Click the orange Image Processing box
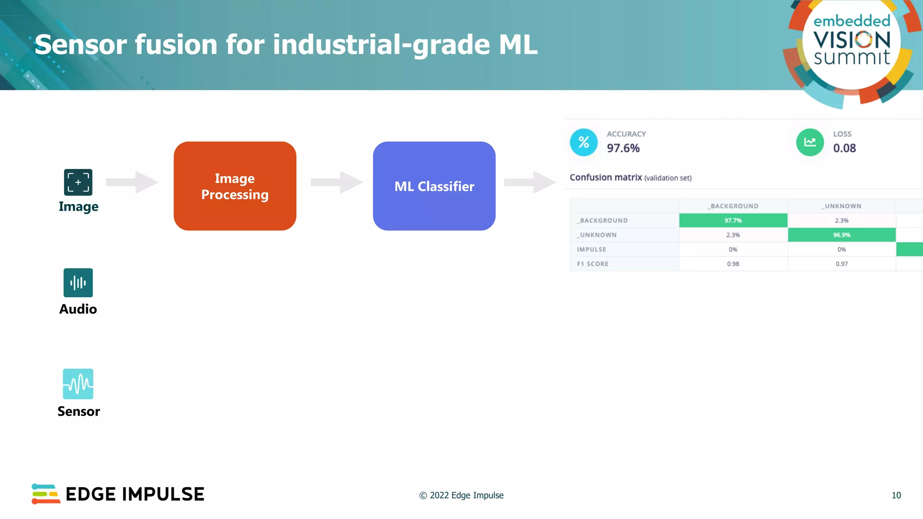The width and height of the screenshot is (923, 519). click(235, 186)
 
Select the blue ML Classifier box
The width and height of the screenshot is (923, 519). click(434, 186)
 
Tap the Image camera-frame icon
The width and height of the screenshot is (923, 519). click(78, 182)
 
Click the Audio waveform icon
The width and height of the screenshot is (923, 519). click(78, 283)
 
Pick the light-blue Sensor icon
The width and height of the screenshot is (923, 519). click(78, 384)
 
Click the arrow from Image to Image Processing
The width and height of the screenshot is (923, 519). click(132, 182)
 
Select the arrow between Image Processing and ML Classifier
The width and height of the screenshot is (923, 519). click(337, 182)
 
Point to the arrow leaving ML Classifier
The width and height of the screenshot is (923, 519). click(530, 182)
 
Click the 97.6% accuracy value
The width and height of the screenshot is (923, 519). click(623, 148)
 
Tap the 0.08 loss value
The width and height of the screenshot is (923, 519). click(844, 148)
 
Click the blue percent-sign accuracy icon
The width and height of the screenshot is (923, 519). click(584, 142)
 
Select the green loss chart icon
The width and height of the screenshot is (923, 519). click(810, 142)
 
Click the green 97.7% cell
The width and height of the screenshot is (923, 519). click(733, 220)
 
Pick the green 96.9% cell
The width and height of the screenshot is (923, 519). click(841, 235)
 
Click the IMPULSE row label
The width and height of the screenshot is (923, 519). click(591, 249)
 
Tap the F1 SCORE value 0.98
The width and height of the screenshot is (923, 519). click(733, 264)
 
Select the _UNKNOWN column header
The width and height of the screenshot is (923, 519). click(841, 206)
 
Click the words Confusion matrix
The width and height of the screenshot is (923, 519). click(606, 178)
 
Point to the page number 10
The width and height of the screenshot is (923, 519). click(896, 495)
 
